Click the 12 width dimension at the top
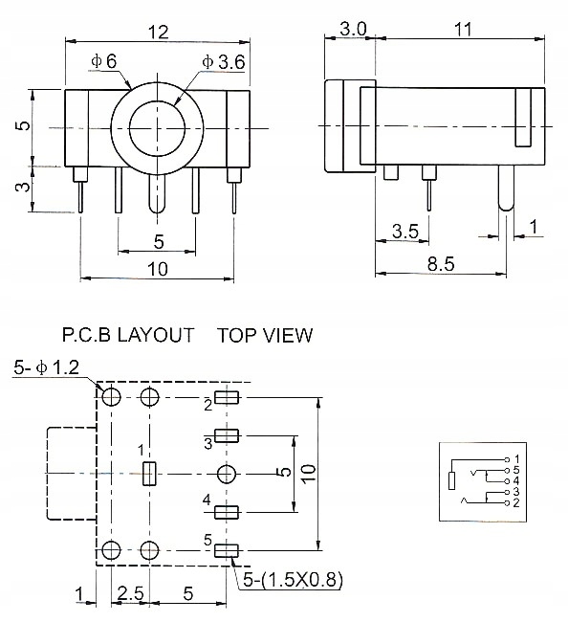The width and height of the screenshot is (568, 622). [158, 32]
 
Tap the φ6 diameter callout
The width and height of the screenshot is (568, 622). [104, 61]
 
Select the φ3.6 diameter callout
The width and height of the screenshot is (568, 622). [223, 62]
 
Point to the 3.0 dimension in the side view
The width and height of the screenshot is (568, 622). [353, 29]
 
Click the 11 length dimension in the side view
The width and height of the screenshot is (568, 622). [463, 30]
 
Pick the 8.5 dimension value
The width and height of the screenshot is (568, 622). [441, 264]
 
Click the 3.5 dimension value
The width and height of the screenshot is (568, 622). [404, 231]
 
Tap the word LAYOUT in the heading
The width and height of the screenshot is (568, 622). [156, 335]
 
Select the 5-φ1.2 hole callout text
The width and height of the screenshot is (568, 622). [46, 367]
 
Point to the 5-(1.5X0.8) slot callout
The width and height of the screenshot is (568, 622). [293, 580]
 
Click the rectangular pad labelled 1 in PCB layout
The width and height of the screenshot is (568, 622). [149, 474]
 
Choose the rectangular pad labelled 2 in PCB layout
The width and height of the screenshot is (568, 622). [227, 397]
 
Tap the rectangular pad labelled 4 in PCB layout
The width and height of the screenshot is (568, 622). [227, 512]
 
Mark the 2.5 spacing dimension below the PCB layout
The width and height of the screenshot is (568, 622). [130, 593]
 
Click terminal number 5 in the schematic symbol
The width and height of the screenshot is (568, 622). [515, 471]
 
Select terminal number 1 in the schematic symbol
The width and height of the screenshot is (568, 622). [516, 459]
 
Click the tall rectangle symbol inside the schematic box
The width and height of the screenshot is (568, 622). [451, 480]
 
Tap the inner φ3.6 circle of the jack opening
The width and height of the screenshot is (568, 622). [158, 128]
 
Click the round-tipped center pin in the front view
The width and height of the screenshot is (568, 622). [158, 194]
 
